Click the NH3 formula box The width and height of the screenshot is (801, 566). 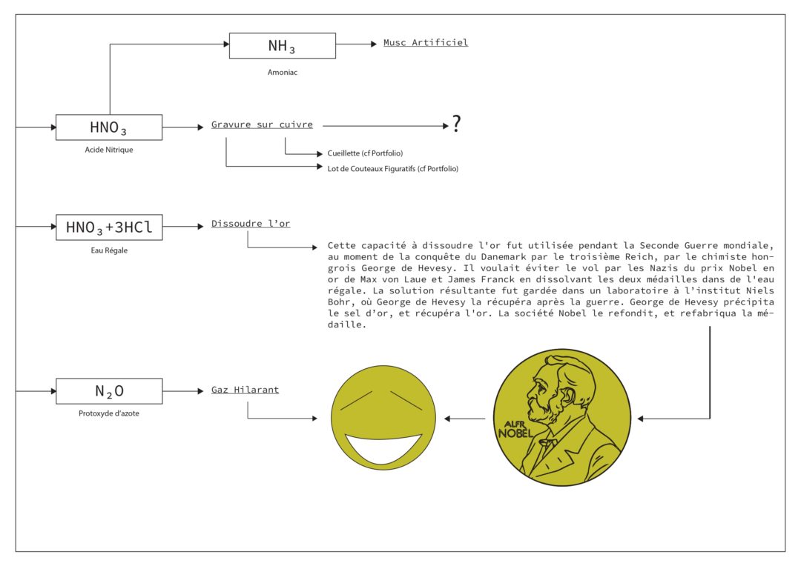click(x=283, y=46)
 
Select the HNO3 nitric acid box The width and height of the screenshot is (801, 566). click(x=109, y=127)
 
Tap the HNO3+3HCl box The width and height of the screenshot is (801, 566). click(x=109, y=227)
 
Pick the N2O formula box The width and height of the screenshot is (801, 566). click(x=109, y=391)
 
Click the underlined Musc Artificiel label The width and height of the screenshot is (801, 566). click(x=426, y=42)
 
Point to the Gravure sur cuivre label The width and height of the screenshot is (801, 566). click(x=262, y=124)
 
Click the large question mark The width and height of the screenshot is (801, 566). click(x=456, y=124)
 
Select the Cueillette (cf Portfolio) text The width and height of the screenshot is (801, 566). click(x=365, y=153)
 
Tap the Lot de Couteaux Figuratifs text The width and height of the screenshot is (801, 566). click(x=393, y=168)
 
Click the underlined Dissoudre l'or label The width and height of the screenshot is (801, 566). click(x=251, y=224)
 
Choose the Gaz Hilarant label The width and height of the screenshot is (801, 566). click(x=245, y=390)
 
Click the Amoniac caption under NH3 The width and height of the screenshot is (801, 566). click(x=283, y=73)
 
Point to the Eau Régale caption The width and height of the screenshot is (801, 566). click(x=109, y=250)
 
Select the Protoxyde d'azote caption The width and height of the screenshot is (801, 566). click(x=109, y=413)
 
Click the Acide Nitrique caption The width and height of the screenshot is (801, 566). click(x=109, y=150)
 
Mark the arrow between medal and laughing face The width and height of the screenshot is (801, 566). click(x=465, y=419)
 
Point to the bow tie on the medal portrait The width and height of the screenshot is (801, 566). click(x=547, y=442)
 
